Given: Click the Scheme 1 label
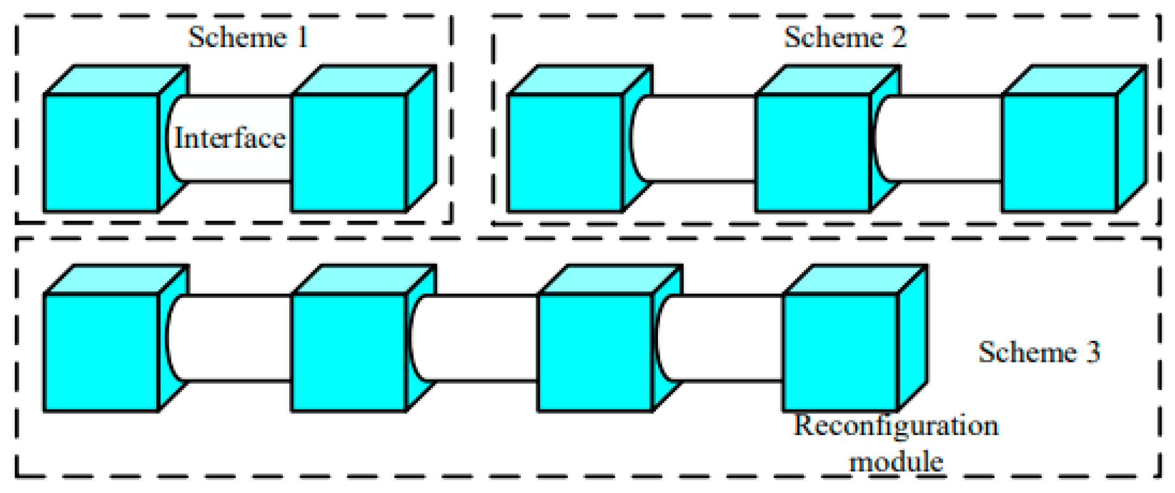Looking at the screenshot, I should pos(248,37).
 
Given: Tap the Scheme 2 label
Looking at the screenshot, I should pos(845,37).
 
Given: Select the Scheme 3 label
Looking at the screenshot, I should pos(1039,353).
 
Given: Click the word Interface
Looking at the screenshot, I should pos(230,138).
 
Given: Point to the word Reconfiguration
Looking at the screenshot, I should pos(895,426).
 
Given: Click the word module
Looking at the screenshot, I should pos(896,462).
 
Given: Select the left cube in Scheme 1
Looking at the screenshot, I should pos(102,152).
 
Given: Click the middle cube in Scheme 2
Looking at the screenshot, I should pos(813,152).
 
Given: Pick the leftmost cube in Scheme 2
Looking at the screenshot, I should pos(565,152).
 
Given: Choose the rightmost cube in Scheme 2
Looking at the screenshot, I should pos(1060,152).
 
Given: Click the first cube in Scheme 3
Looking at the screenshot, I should pos(102,352).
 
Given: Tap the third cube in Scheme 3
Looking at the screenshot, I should pos(595,352).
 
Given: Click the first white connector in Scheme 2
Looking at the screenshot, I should pos(696,139).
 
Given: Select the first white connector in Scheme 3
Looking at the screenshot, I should pos(230,339).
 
